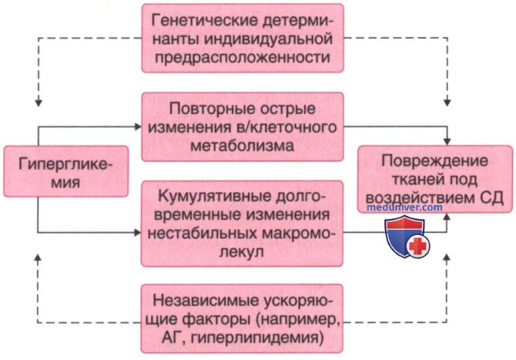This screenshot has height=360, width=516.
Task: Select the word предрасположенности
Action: click(x=243, y=57)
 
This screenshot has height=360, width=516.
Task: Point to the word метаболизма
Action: click(x=242, y=145)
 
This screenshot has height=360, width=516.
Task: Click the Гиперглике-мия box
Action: click(x=65, y=172)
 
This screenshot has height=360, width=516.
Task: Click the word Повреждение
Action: click(x=434, y=161)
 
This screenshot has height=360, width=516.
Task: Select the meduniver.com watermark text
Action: click(x=404, y=207)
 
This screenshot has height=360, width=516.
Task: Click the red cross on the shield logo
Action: click(x=417, y=246)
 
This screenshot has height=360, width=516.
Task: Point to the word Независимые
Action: click(x=205, y=301)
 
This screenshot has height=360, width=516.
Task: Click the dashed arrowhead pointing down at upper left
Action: click(x=39, y=102)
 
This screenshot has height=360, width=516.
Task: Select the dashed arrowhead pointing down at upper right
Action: click(x=447, y=102)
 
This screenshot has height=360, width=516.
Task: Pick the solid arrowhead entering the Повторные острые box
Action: click(x=138, y=126)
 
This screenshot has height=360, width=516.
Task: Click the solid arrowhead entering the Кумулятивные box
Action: click(x=138, y=233)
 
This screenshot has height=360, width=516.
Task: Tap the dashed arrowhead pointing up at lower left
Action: click(x=39, y=258)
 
